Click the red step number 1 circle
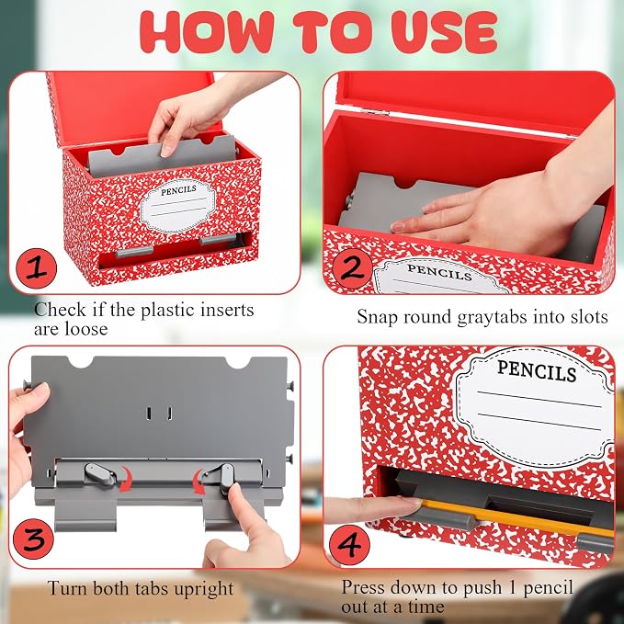point(36,268)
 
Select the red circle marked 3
point(33,539)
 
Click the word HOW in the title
point(207,32)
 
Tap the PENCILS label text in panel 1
point(178,190)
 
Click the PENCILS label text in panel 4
point(537,371)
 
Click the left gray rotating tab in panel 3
point(100,474)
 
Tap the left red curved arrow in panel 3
point(126,479)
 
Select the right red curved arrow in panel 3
point(199,482)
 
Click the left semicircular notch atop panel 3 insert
point(80,361)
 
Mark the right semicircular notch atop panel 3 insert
point(238,362)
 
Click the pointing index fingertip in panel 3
point(235,490)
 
